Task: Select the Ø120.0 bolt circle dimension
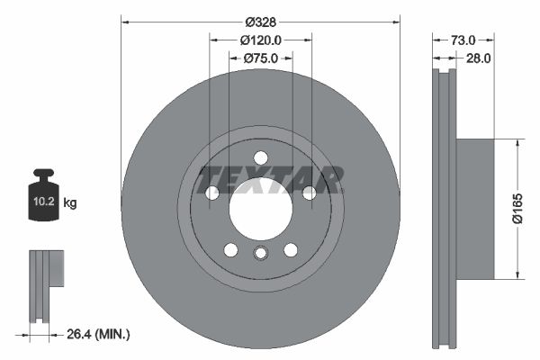click(261, 40)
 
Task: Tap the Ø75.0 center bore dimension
click(261, 58)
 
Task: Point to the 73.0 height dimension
click(462, 40)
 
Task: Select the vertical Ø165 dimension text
click(530, 209)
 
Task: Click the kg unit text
click(70, 203)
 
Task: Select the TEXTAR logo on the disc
click(271, 178)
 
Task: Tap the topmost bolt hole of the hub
click(260, 157)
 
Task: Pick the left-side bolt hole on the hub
click(212, 193)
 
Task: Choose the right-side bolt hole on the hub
click(309, 193)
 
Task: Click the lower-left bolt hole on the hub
click(230, 249)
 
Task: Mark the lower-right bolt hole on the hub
click(291, 249)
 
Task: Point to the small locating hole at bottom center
click(260, 254)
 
